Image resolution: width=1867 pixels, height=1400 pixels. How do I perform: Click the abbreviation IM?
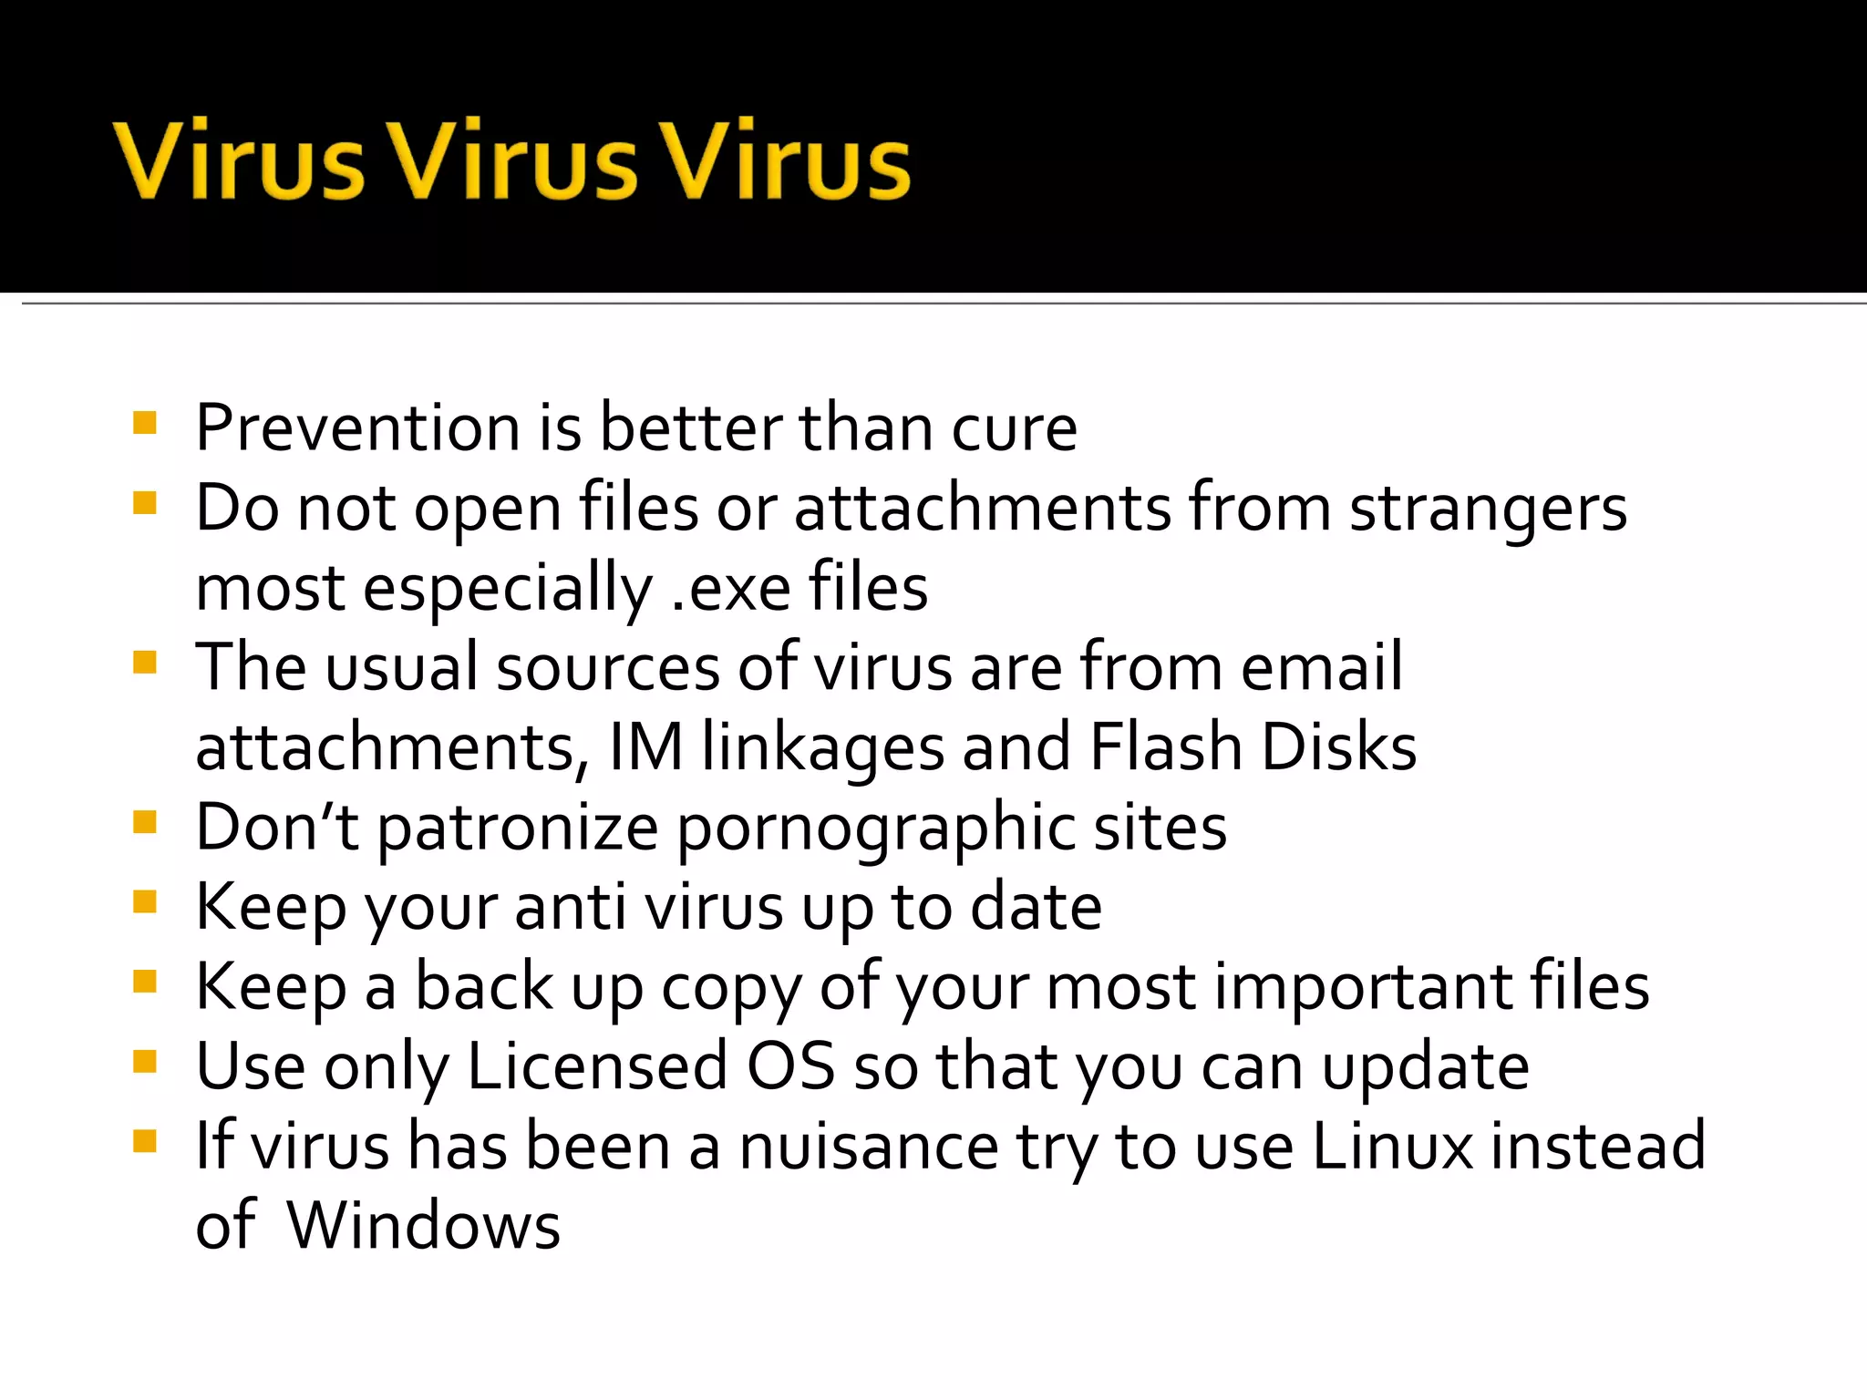click(x=645, y=746)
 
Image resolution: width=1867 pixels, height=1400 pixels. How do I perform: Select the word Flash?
click(x=1166, y=746)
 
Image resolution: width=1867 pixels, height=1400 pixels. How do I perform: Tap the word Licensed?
click(x=597, y=1066)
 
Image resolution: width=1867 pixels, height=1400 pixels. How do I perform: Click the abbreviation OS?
click(x=789, y=1066)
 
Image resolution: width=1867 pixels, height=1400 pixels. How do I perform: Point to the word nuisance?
click(x=868, y=1147)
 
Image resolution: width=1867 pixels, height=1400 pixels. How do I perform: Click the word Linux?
click(x=1391, y=1147)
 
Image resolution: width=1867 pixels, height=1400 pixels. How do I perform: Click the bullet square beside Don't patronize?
click(x=145, y=822)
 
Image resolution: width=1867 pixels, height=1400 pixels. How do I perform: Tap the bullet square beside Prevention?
click(x=145, y=423)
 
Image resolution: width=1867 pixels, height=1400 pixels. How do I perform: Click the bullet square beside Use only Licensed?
click(x=145, y=1062)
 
